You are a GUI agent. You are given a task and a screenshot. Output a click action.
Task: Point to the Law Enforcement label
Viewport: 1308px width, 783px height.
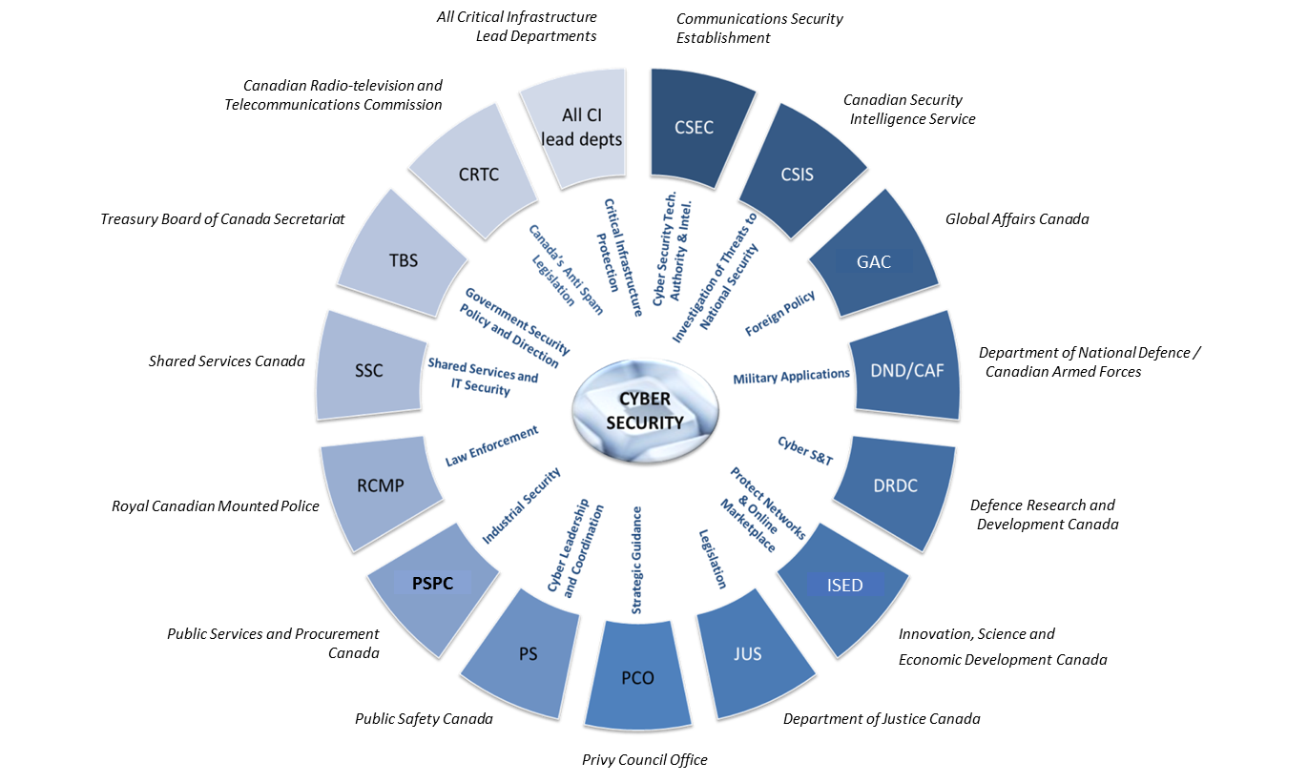[x=491, y=446]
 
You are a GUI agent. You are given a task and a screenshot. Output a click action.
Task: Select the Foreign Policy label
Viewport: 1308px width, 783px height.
[x=779, y=312]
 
